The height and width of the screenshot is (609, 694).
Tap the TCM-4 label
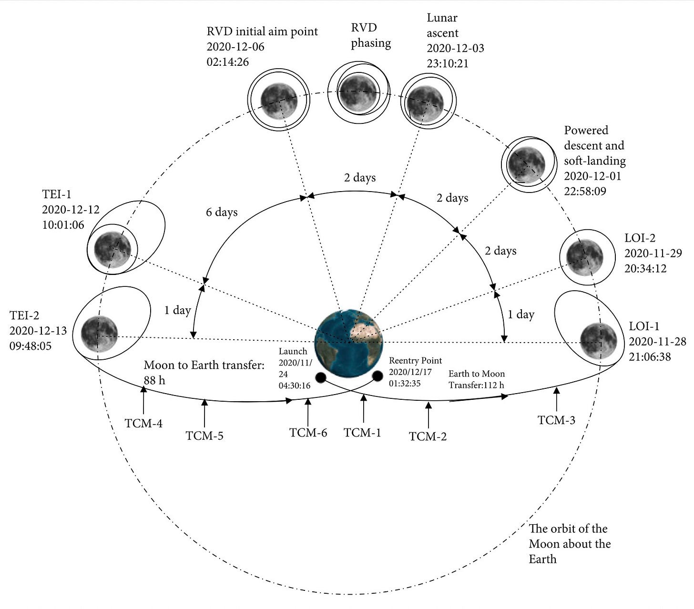(143, 423)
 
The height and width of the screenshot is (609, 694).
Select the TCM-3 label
(556, 420)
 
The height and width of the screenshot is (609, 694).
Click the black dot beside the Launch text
(320, 378)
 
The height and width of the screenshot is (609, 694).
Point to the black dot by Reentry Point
(378, 376)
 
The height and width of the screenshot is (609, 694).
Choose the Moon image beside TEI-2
(99, 334)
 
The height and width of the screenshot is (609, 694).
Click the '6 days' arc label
(222, 212)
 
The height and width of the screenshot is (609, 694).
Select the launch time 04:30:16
(295, 386)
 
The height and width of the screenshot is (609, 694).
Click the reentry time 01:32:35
(405, 383)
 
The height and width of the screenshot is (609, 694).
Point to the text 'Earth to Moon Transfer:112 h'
(476, 379)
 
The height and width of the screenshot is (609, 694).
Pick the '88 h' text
(154, 380)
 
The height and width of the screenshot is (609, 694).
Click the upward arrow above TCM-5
(204, 413)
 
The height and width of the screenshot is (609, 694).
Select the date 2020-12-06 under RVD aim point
(235, 47)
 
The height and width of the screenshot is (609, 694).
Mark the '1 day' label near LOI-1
(521, 315)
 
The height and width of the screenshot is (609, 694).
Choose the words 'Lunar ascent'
(442, 25)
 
